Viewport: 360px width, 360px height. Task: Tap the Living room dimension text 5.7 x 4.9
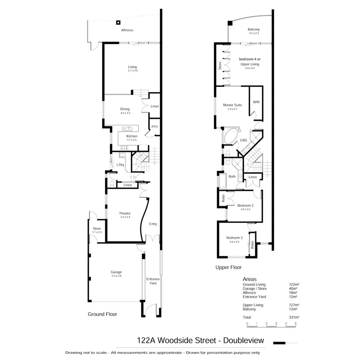coord(133,70)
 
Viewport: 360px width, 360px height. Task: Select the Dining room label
coord(125,109)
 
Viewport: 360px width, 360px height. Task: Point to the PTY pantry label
coord(155,127)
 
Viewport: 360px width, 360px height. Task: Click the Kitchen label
coord(132,136)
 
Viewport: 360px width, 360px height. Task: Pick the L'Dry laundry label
coord(120,165)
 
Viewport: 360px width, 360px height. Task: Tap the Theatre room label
coord(125,213)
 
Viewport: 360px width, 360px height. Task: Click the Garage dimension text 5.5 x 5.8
coord(116,276)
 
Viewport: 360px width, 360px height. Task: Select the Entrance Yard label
coord(153,281)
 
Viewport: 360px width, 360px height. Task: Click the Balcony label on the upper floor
coord(254,29)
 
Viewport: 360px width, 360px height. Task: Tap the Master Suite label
coord(232,105)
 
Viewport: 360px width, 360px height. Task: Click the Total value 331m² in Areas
coord(294,317)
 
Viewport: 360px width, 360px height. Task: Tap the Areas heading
coord(250,279)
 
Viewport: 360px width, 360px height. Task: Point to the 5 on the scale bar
coord(296,323)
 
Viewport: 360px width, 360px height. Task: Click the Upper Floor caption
coord(228,267)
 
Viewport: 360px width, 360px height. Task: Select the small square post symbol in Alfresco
coord(118,22)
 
